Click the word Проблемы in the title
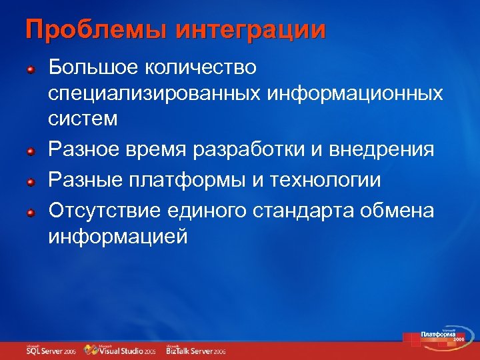click(x=88, y=31)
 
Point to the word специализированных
click(x=154, y=93)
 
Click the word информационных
click(x=355, y=93)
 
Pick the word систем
click(x=83, y=119)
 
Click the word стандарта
click(x=303, y=211)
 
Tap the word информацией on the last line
click(x=118, y=237)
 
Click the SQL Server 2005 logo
click(x=51, y=350)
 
